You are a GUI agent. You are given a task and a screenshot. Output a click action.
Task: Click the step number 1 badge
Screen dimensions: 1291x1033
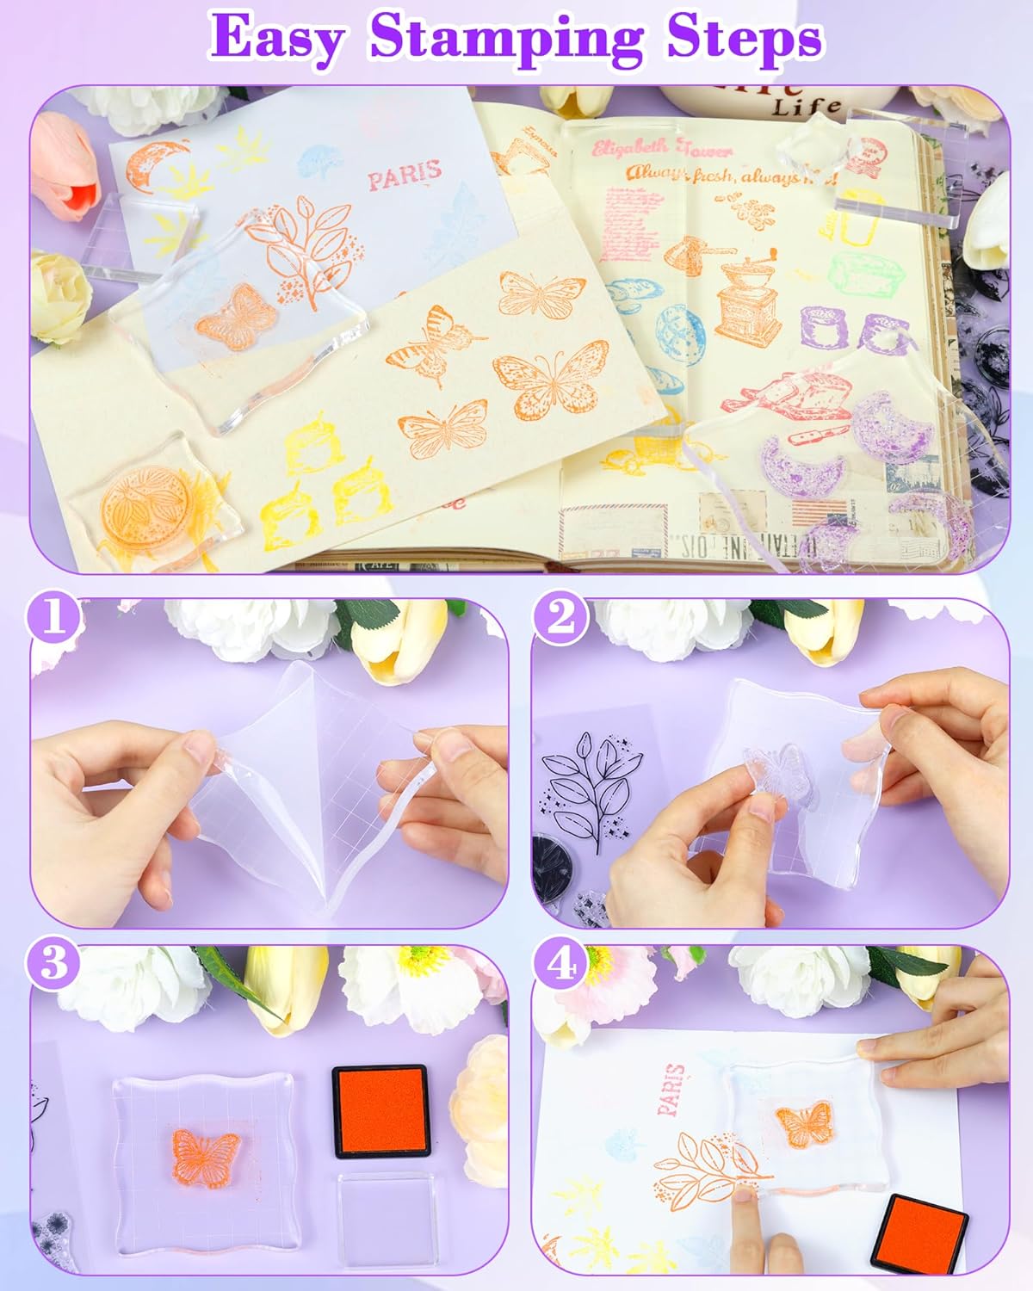click(x=56, y=619)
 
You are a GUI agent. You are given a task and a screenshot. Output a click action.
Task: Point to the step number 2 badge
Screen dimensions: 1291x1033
click(x=560, y=619)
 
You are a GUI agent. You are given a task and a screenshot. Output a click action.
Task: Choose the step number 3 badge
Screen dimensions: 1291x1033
click(x=54, y=962)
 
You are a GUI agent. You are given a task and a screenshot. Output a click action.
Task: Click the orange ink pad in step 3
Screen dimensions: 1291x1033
click(x=380, y=1111)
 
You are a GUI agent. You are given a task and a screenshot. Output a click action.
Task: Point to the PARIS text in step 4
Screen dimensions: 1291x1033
click(x=672, y=1090)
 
